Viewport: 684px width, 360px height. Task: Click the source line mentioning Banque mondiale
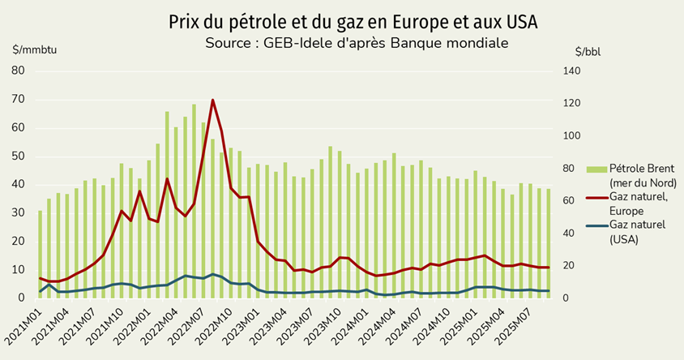357,43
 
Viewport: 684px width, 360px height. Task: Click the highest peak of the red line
212,101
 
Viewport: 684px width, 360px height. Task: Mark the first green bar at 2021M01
41,255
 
